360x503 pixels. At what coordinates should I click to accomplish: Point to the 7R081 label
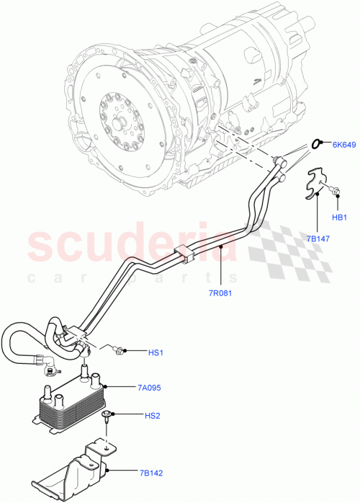coord(221,293)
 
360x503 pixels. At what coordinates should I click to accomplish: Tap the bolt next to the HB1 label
coord(335,191)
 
